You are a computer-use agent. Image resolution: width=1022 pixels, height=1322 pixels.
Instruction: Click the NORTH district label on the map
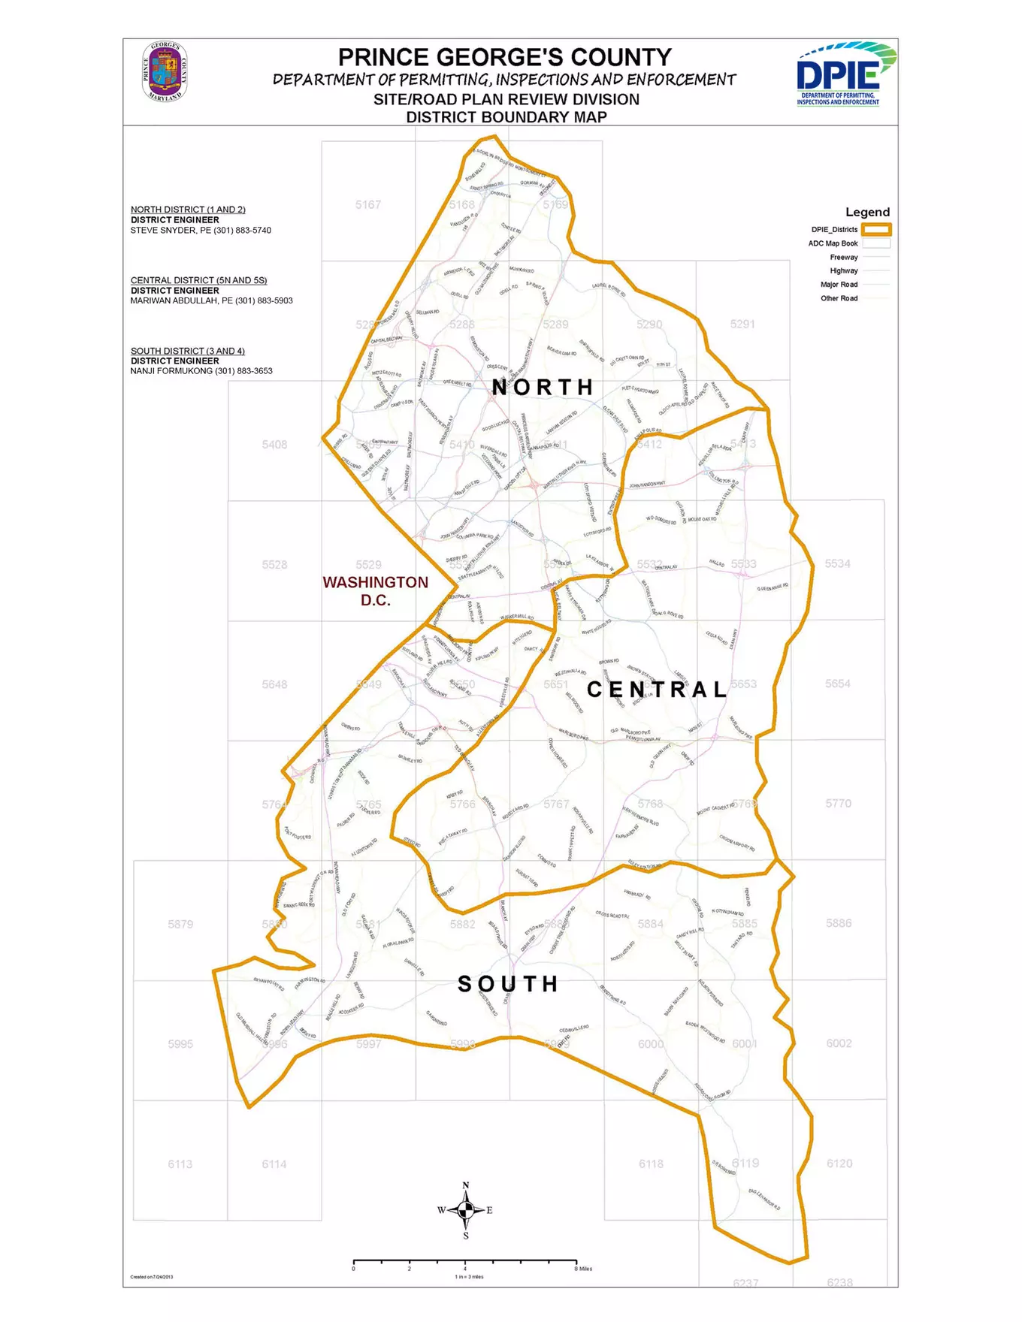point(543,388)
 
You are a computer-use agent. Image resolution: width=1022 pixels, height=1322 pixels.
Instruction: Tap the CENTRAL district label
point(657,690)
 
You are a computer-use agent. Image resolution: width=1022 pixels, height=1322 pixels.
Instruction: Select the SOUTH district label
point(508,984)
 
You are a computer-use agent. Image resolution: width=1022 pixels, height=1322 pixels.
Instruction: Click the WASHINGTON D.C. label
point(375,591)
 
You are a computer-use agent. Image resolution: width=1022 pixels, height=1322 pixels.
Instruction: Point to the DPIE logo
point(845,74)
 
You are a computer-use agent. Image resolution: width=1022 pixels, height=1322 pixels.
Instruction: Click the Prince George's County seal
point(165,72)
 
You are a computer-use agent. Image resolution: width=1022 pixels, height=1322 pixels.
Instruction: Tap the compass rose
point(465,1209)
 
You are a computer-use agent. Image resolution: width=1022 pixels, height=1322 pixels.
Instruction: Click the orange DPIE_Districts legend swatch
point(876,230)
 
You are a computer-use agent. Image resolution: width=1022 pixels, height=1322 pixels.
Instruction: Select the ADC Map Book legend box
point(876,243)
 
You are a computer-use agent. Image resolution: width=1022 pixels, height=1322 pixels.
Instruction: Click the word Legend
point(867,212)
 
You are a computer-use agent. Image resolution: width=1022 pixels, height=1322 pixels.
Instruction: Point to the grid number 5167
point(368,204)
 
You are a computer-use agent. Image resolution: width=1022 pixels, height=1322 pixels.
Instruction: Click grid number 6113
point(180,1164)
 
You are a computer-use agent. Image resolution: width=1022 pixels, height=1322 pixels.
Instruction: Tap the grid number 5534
point(837,564)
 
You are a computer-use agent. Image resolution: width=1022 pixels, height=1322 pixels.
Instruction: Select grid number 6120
point(839,1164)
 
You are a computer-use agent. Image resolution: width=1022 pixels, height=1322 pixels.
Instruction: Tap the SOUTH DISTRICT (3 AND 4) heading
point(187,351)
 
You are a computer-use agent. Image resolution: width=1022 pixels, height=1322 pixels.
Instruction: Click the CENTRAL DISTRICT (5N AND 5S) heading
point(198,280)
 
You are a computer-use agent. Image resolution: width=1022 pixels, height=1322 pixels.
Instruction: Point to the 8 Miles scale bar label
point(584,1269)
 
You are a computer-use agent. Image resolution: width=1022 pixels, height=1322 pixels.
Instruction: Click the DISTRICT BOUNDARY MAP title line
point(506,117)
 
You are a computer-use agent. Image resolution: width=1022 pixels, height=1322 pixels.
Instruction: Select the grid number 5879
point(180,924)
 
